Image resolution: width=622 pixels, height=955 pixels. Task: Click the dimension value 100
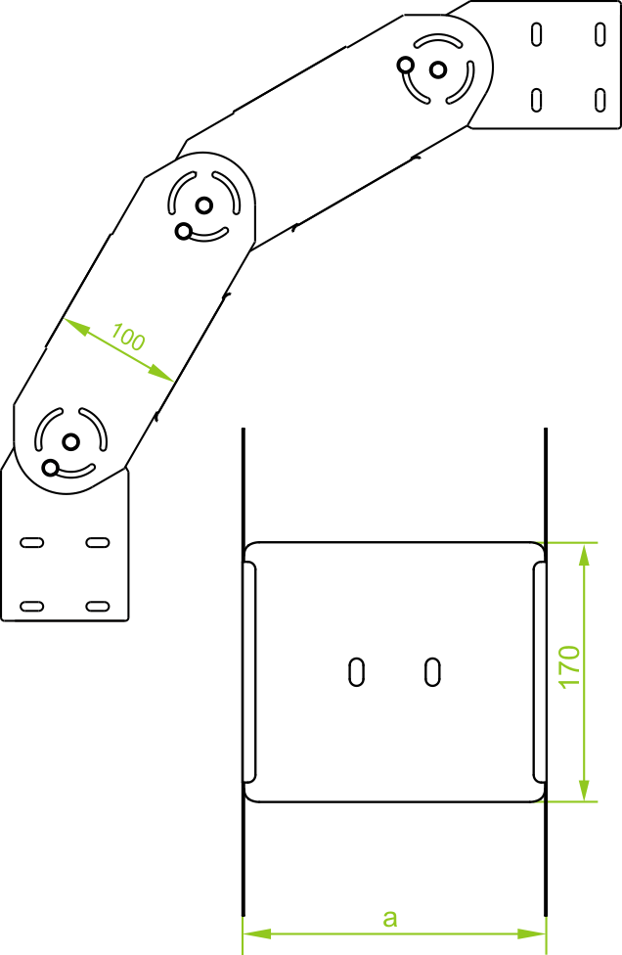click(x=128, y=338)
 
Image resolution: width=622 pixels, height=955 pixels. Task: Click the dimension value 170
click(x=570, y=666)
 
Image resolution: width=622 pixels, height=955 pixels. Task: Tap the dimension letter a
click(x=390, y=918)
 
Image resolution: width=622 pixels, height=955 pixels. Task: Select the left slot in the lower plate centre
click(x=358, y=670)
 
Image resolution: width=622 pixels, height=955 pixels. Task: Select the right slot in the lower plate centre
click(x=432, y=670)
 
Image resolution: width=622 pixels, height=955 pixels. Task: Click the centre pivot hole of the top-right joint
click(x=438, y=69)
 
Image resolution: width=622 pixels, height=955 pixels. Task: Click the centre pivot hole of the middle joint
click(x=203, y=205)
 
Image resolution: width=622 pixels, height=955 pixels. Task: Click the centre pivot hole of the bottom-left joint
click(x=70, y=442)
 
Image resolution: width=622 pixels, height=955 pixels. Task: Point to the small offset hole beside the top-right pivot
click(x=405, y=66)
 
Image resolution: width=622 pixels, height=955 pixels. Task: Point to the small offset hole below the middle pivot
click(x=183, y=231)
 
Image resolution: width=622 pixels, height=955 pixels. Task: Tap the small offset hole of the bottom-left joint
click(x=50, y=467)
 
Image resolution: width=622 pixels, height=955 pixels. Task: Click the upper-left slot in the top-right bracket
click(x=537, y=33)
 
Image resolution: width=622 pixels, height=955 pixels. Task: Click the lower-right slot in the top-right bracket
click(x=600, y=99)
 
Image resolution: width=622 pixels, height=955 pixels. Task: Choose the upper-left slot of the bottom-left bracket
click(x=32, y=542)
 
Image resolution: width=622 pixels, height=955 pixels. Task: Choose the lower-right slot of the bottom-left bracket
click(x=96, y=607)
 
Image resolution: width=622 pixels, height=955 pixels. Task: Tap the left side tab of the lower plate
click(x=249, y=672)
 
